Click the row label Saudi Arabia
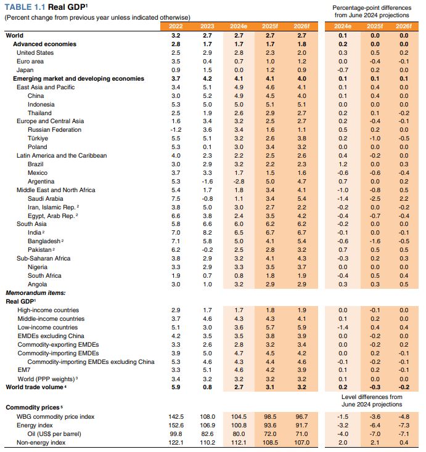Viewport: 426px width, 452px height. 46,199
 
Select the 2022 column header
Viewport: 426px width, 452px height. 176,26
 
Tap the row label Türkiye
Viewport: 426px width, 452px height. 38,139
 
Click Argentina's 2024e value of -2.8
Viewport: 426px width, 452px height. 239,181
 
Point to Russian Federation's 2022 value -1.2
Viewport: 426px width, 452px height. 176,130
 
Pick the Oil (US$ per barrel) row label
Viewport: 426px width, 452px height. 54,434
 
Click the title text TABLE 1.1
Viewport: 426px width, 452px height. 25,7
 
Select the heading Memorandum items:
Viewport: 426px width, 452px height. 36,293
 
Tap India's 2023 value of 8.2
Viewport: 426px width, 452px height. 207,233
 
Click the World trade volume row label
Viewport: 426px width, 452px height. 35,387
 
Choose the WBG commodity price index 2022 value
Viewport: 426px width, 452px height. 176,417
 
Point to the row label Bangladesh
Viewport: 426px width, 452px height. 44,241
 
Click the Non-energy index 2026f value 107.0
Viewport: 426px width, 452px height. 301,443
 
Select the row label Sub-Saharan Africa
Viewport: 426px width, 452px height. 43,258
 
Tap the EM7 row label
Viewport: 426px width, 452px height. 24,370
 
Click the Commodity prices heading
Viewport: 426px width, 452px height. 33,408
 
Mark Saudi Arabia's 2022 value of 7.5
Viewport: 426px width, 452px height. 176,199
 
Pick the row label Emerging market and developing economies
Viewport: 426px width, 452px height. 78,79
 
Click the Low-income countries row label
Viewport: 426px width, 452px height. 47,328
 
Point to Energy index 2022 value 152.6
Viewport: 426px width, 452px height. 176,425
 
